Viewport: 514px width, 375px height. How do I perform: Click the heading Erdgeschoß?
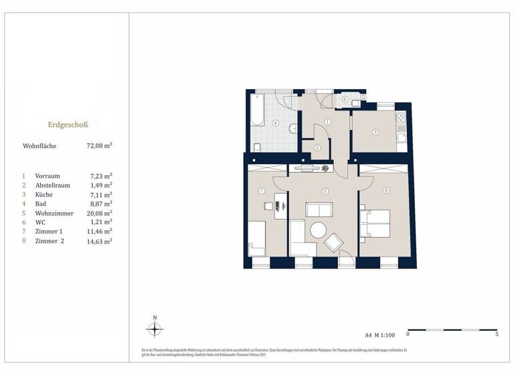click(68, 125)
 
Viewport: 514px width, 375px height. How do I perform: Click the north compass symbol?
click(155, 329)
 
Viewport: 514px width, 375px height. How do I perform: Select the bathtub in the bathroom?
click(258, 110)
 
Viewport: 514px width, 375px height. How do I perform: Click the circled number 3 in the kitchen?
click(376, 133)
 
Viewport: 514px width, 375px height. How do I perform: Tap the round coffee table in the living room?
click(318, 230)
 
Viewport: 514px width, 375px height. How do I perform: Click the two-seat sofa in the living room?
click(319, 210)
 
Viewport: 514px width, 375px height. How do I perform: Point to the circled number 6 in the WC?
click(345, 99)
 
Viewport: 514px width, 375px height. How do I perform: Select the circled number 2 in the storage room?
click(319, 147)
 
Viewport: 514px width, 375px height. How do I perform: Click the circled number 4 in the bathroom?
click(276, 123)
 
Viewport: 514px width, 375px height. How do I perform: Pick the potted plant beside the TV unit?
click(325, 168)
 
